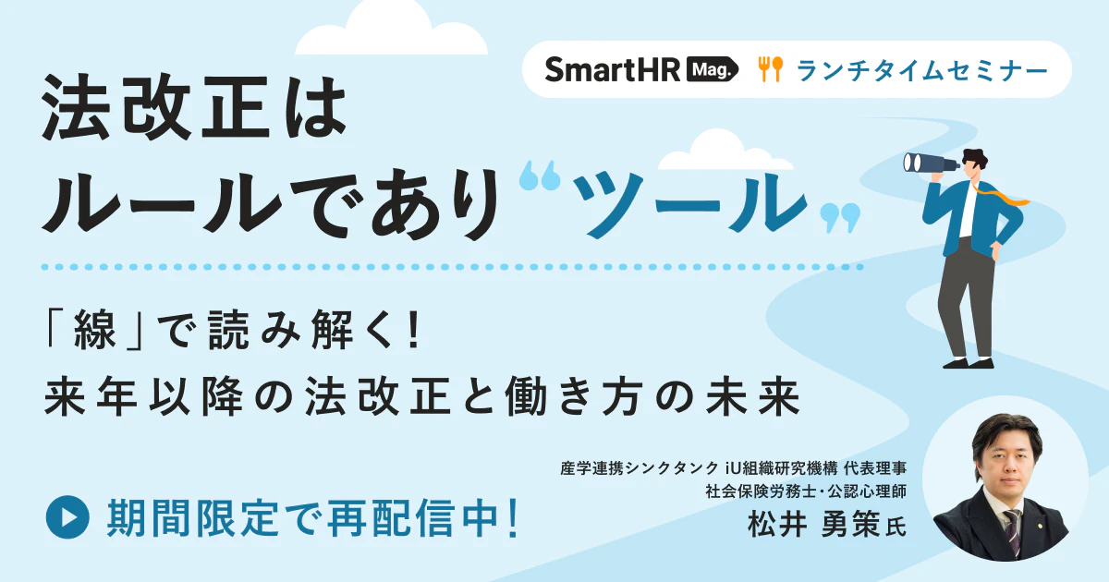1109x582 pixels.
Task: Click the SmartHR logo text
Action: click(612, 69)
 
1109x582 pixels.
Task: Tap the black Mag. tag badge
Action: click(713, 69)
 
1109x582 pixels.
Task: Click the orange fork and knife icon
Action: click(770, 69)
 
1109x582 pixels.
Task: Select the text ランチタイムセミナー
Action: click(921, 69)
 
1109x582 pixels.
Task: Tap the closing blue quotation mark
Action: click(840, 218)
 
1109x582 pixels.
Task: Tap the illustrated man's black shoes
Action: click(961, 361)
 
